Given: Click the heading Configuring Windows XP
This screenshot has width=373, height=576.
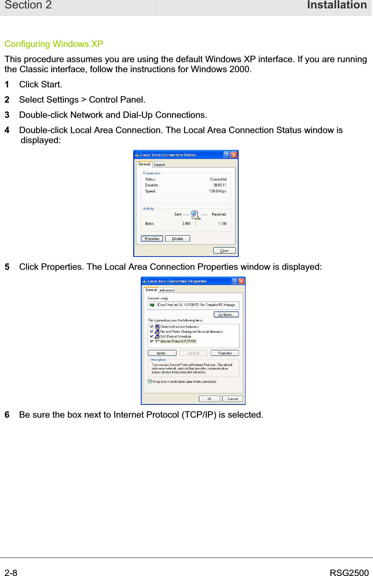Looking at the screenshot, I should click(x=54, y=44).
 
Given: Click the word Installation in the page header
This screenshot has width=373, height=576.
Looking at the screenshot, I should click(x=337, y=5).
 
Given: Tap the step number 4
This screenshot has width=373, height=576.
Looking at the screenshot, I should click(x=7, y=130).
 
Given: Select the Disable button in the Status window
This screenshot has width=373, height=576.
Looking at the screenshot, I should click(x=177, y=239).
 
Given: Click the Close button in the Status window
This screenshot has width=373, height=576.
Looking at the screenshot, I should click(x=224, y=251).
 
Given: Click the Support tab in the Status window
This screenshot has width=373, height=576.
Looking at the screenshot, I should click(x=159, y=165).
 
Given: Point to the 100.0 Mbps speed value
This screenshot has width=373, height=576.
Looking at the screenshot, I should click(x=217, y=191).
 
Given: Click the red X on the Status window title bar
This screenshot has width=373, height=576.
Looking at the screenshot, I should click(x=234, y=155).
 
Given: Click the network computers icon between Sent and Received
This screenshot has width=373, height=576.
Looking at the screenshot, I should click(x=195, y=215).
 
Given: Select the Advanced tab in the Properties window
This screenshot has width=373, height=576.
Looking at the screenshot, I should click(x=167, y=290).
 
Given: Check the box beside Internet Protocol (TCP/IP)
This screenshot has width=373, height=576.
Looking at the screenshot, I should click(x=152, y=341).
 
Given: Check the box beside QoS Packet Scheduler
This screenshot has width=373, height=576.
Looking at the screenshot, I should click(x=152, y=336).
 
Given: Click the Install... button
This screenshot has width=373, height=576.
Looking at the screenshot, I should click(x=162, y=353).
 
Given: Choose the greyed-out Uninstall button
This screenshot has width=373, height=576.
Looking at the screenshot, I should click(x=193, y=353).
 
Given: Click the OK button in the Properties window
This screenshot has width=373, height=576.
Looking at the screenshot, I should click(x=209, y=399).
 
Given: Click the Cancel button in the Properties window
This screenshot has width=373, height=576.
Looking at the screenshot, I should click(x=233, y=399).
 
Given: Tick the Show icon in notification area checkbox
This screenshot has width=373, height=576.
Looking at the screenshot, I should click(x=150, y=382).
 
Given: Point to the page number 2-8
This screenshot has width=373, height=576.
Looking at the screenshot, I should click(x=11, y=573).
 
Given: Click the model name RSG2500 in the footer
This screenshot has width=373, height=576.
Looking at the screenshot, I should click(x=349, y=573).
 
